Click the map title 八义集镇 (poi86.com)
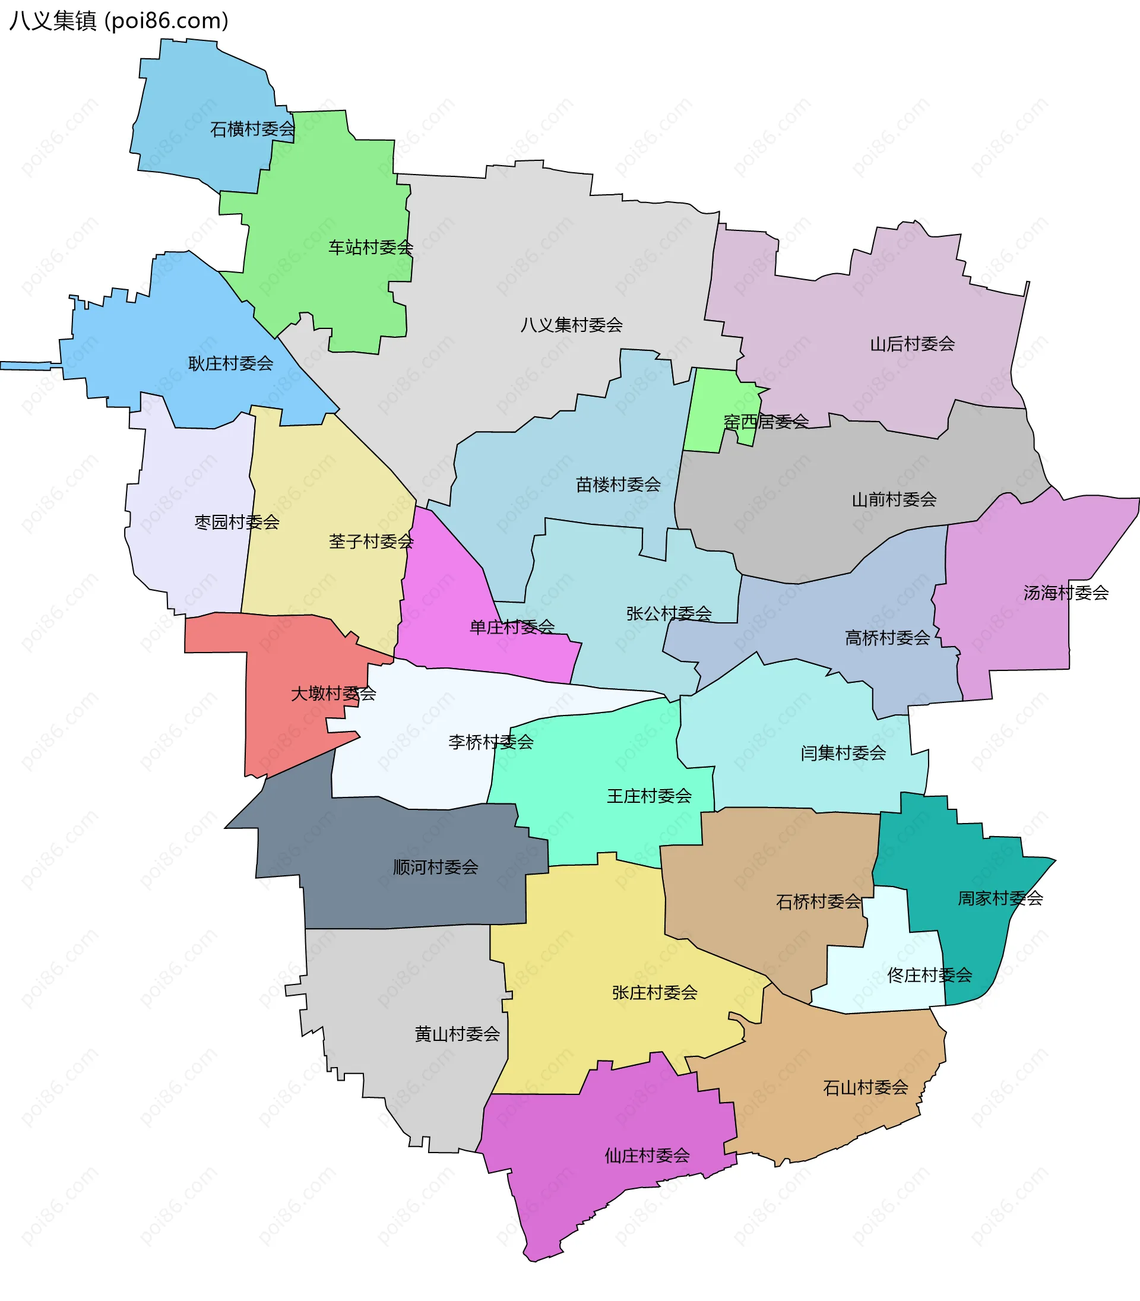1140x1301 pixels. (118, 21)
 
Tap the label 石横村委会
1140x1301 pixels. (252, 129)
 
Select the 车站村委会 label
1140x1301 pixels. (370, 248)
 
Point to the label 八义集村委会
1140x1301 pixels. (571, 325)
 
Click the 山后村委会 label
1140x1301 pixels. (912, 344)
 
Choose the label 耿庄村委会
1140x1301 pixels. (230, 363)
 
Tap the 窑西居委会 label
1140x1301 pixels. (766, 421)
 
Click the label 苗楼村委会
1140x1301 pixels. (617, 485)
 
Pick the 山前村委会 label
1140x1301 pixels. (894, 499)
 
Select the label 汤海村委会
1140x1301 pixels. (1066, 593)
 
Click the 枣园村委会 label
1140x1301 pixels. (237, 523)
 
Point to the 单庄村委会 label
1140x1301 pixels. (511, 627)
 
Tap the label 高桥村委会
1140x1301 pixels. (887, 638)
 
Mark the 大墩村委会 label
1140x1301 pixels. (333, 694)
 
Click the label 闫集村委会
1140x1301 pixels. (843, 754)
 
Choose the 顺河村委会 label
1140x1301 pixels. (435, 867)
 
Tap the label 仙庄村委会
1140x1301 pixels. (647, 1156)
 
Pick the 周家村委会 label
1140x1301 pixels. (1000, 898)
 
